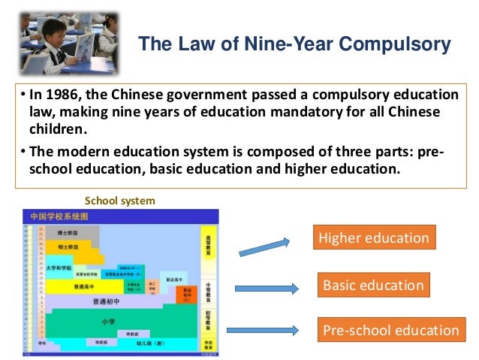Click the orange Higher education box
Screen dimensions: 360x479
(374, 239)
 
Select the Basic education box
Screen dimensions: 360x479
(373, 285)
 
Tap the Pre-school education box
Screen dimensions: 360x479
(390, 330)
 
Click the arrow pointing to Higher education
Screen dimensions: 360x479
(263, 247)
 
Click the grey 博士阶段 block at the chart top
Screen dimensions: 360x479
(65, 234)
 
